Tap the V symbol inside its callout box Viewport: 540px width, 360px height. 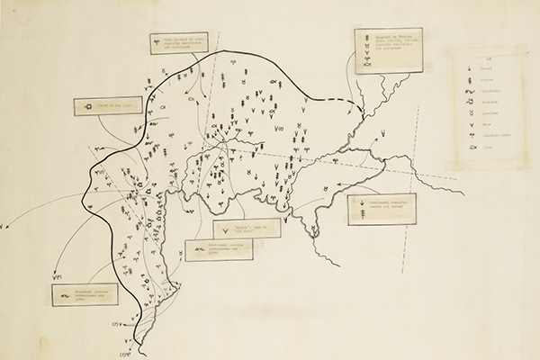pyautogui.click(x=225, y=232)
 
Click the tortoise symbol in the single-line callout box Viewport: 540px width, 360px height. pyautogui.click(x=87, y=105)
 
